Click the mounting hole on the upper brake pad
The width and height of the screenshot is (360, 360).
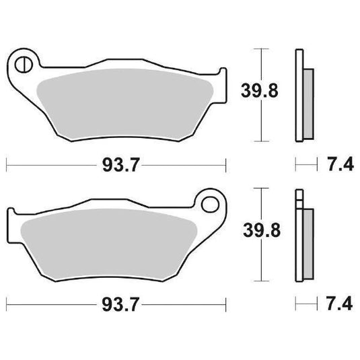pyautogui.click(x=24, y=65)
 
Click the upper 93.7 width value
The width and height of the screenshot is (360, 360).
pyautogui.click(x=116, y=164)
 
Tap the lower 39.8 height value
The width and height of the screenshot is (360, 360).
pyautogui.click(x=260, y=231)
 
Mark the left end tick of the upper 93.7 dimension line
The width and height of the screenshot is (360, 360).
pyautogui.click(x=7, y=164)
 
